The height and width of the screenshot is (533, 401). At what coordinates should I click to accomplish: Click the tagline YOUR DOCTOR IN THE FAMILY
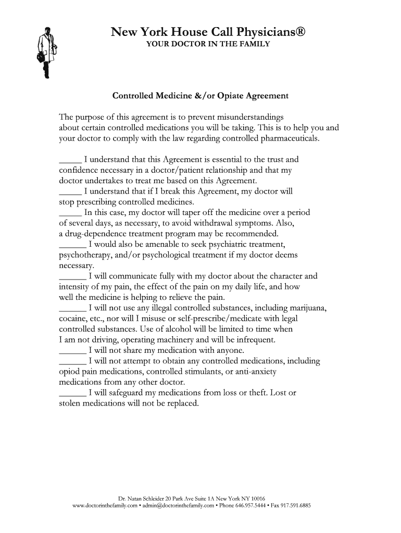coord(207,44)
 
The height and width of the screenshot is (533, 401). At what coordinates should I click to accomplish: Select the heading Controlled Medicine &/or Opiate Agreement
coord(200,96)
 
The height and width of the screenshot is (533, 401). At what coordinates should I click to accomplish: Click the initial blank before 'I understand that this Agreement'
coord(71,159)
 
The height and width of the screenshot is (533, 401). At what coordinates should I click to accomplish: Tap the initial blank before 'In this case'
coord(71,212)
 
